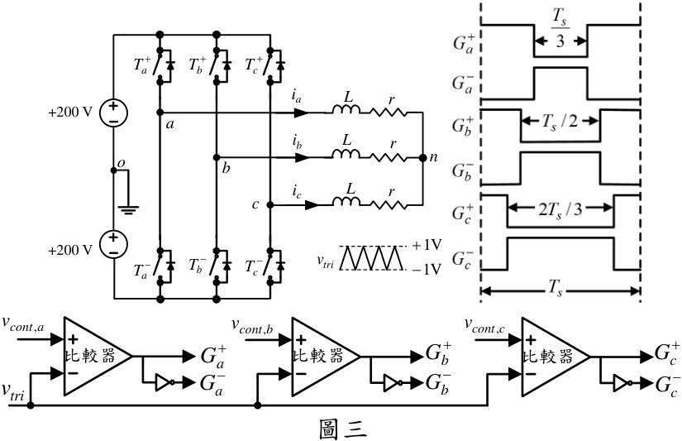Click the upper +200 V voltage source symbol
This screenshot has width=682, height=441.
tap(114, 113)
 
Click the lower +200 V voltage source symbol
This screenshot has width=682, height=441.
tap(114, 244)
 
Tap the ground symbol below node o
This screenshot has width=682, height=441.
tap(129, 210)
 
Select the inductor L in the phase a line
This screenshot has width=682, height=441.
tap(346, 109)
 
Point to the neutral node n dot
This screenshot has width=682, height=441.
tap(422, 157)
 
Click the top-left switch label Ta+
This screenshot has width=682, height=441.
tap(142, 65)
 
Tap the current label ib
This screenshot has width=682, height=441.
tap(297, 142)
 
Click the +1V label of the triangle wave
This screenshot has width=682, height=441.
tap(427, 246)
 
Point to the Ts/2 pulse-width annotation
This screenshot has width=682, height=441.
tap(560, 122)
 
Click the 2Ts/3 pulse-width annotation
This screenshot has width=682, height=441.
tap(560, 209)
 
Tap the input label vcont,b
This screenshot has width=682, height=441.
tap(253, 326)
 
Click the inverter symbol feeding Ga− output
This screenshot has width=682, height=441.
tap(165, 382)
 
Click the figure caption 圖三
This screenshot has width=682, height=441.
tap(343, 429)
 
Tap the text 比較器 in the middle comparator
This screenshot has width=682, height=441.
tap(318, 356)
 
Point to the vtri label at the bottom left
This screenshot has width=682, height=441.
tap(12, 388)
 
